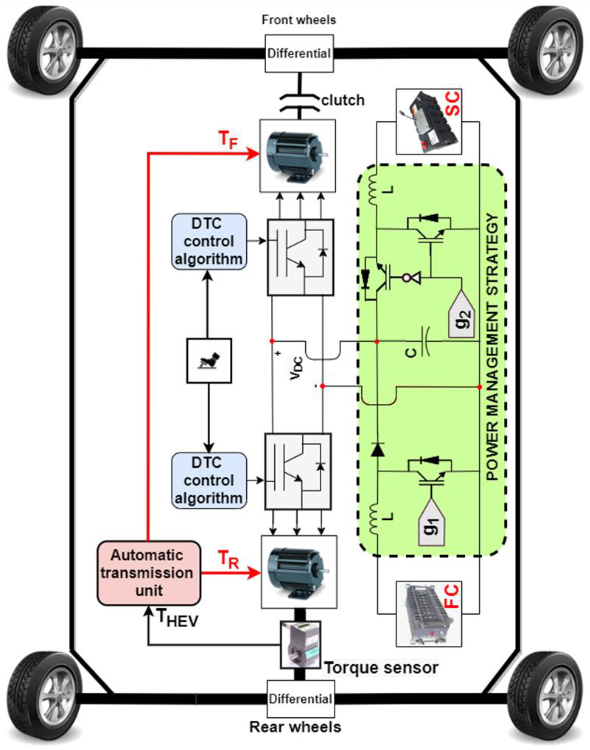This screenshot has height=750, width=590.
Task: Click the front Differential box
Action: tap(299, 53)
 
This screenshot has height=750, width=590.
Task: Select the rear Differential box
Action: tap(301, 699)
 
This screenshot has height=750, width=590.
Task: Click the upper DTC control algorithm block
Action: tap(209, 241)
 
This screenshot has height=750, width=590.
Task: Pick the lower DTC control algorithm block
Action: tap(209, 481)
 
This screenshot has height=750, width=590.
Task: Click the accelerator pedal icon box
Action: tap(209, 360)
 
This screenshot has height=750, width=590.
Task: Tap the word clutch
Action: tap(343, 100)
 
